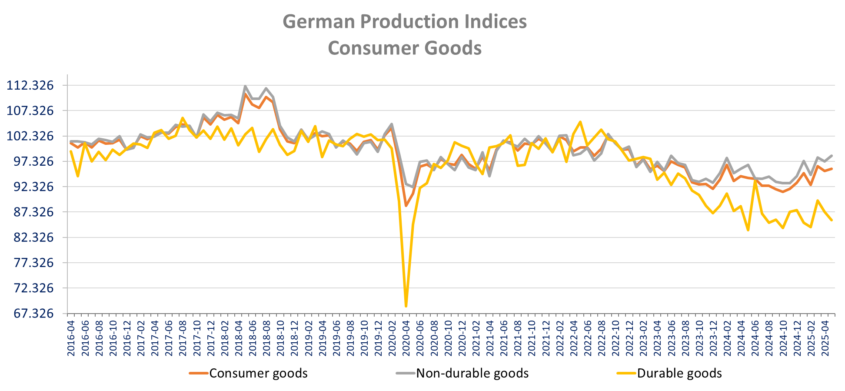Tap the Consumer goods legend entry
click(x=258, y=373)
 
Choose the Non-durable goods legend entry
click(x=472, y=373)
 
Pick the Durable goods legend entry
click(x=679, y=373)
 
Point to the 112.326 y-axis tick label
click(x=30, y=85)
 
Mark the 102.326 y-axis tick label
click(x=30, y=136)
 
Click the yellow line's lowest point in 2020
click(x=406, y=307)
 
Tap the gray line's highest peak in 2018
click(x=245, y=86)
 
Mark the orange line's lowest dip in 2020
click(x=406, y=206)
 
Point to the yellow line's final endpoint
click(x=832, y=220)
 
